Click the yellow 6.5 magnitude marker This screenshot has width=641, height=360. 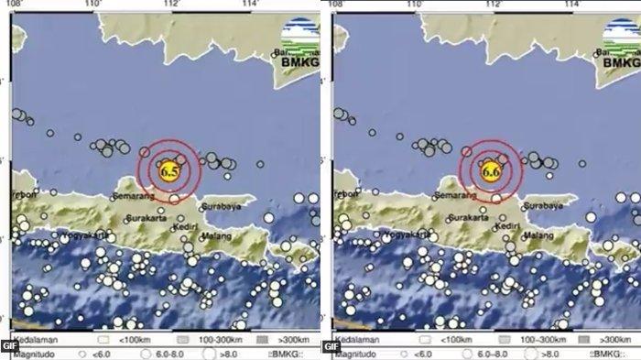(x=168, y=170)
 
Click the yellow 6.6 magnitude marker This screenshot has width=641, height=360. (x=491, y=170)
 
